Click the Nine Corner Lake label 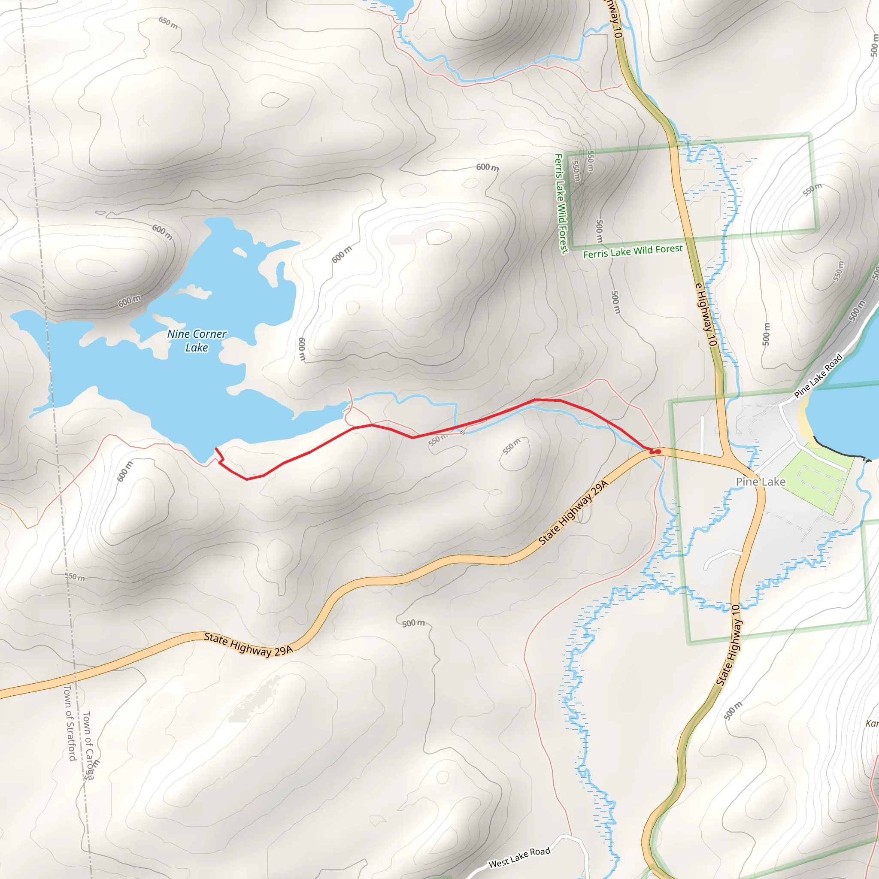coord(197,340)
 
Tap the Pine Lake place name coord(760,482)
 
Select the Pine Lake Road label coord(818,376)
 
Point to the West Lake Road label coord(519,857)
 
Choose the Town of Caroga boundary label coord(89,746)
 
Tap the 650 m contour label coord(168,23)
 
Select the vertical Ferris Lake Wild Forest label coord(561,203)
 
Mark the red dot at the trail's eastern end coord(658,452)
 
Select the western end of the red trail coord(215,449)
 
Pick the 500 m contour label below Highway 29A coord(413,623)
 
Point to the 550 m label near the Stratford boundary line coord(75,577)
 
